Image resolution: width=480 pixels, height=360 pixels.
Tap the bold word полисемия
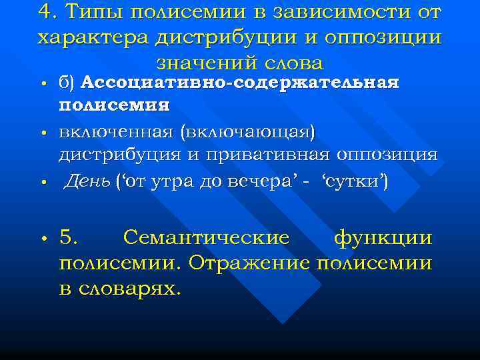pyautogui.click(x=114, y=106)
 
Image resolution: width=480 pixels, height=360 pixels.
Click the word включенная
pyautogui.click(x=116, y=132)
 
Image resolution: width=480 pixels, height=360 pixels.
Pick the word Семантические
pyautogui.click(x=206, y=238)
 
